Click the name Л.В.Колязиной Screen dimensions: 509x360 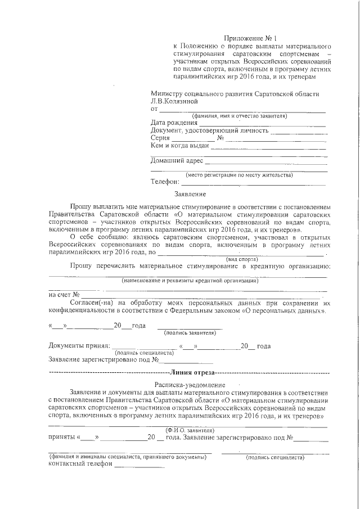[174, 101]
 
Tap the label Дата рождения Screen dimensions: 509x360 [174, 123]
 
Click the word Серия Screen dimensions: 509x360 [161, 138]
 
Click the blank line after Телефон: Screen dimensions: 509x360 [253, 184]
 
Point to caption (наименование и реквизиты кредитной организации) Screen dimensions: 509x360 [190, 280]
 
